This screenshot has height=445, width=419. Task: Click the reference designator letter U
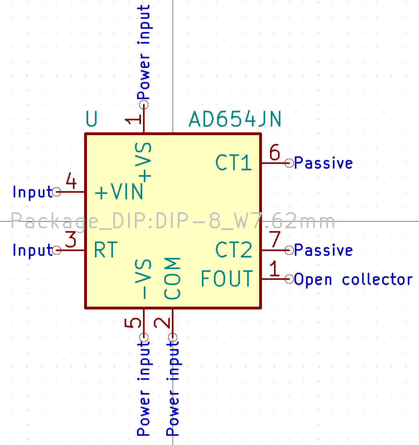pyautogui.click(x=92, y=119)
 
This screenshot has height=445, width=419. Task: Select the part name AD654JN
pyautogui.click(x=235, y=119)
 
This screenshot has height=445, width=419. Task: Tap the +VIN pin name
pyautogui.click(x=119, y=192)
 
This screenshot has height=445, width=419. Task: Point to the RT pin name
pyautogui.click(x=106, y=250)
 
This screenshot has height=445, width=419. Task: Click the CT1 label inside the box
pyautogui.click(x=234, y=163)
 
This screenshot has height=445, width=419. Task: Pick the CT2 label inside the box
pyautogui.click(x=234, y=250)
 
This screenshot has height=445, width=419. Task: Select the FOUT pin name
pyautogui.click(x=227, y=279)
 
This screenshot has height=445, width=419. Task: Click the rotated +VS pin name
pyautogui.click(x=144, y=162)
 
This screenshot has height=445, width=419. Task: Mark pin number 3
pyautogui.click(x=71, y=240)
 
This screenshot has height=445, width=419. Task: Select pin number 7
pyautogui.click(x=275, y=240)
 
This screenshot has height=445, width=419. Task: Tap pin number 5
pyautogui.click(x=134, y=323)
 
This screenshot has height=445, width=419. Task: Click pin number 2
pyautogui.click(x=163, y=323)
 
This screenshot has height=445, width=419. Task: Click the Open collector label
pyautogui.click(x=353, y=279)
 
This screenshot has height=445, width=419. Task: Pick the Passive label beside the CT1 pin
pyautogui.click(x=323, y=163)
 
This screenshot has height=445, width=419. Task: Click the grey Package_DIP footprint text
pyautogui.click(x=173, y=221)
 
